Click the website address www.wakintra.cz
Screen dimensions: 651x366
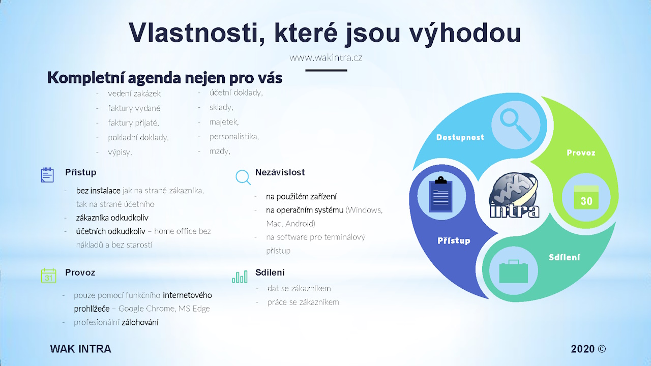326,58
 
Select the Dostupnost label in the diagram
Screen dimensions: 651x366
460,137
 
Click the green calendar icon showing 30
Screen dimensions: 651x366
586,198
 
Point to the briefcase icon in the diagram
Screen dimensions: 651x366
514,271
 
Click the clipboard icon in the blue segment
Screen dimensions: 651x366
440,194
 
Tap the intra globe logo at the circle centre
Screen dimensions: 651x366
514,195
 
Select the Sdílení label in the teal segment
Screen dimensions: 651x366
565,257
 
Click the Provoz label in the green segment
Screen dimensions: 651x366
581,153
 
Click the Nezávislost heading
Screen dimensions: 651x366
280,172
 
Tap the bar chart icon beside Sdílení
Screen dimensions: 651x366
240,277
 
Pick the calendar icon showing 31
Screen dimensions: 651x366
48,276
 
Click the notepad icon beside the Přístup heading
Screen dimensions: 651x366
47,175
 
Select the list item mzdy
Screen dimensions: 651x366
220,151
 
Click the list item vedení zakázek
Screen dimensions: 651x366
134,94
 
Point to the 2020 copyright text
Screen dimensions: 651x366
588,349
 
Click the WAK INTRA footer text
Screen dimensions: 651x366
80,349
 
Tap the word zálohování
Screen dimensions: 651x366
140,322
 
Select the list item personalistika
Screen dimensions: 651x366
234,137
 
